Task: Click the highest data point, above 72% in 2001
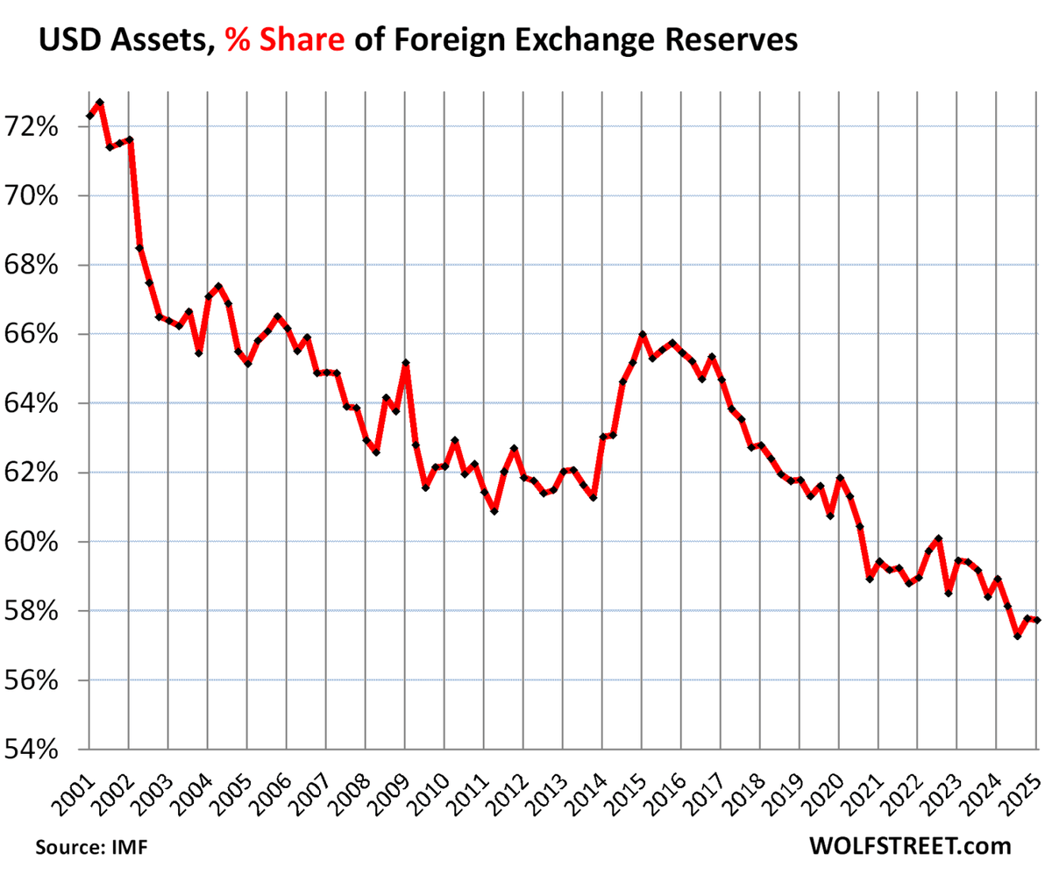100,103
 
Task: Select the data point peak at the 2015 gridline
643,334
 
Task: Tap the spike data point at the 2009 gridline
406,362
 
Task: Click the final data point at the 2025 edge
1038,621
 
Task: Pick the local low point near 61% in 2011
494,511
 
